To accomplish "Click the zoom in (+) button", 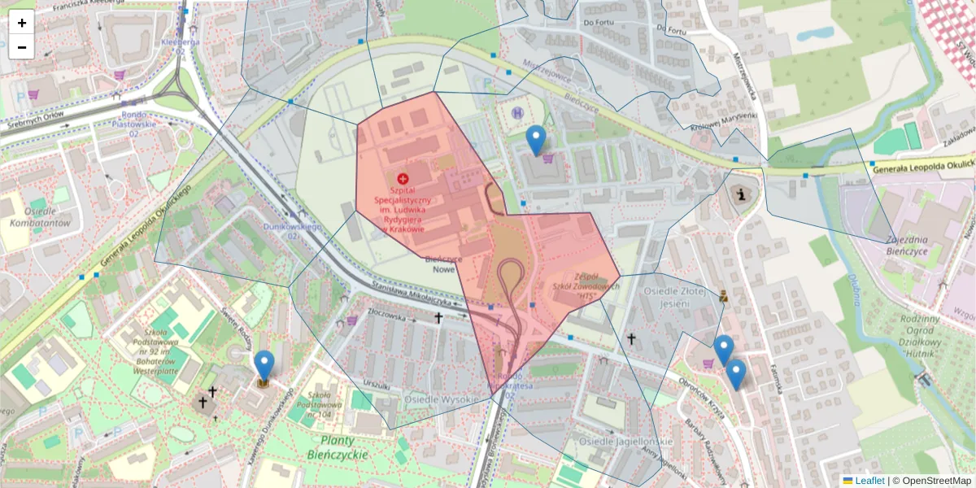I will coord(22,22).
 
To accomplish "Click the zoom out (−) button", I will coord(22,47).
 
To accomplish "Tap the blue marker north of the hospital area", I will coord(535,140).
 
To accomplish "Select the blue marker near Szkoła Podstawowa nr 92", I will coord(264,365).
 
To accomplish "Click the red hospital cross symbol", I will coord(403,178).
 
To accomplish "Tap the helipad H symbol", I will coord(518,112).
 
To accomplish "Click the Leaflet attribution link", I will coord(869,481).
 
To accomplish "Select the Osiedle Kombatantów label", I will coord(37,217).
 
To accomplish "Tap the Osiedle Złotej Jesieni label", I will coord(667,297).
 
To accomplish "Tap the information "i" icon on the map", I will coord(740,194).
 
